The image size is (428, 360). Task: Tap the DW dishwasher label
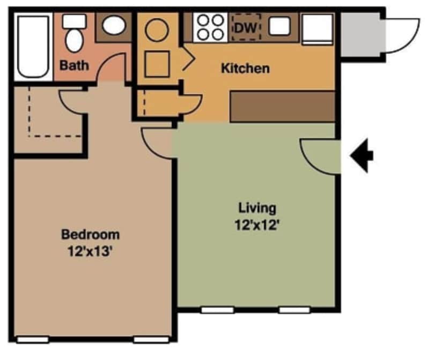(x=246, y=27)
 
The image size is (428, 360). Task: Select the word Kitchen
(x=245, y=69)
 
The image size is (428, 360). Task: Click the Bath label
(x=74, y=66)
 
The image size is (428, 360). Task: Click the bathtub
(x=34, y=47)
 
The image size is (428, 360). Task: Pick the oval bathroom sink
(x=113, y=25)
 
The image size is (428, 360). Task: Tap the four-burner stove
(x=209, y=27)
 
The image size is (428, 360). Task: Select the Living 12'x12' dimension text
(x=257, y=226)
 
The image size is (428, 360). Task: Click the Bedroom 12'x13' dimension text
(x=90, y=251)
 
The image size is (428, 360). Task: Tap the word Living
(x=257, y=207)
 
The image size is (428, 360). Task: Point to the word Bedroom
(x=90, y=234)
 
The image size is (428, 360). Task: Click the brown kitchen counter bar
(x=282, y=107)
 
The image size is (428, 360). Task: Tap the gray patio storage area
(x=362, y=34)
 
